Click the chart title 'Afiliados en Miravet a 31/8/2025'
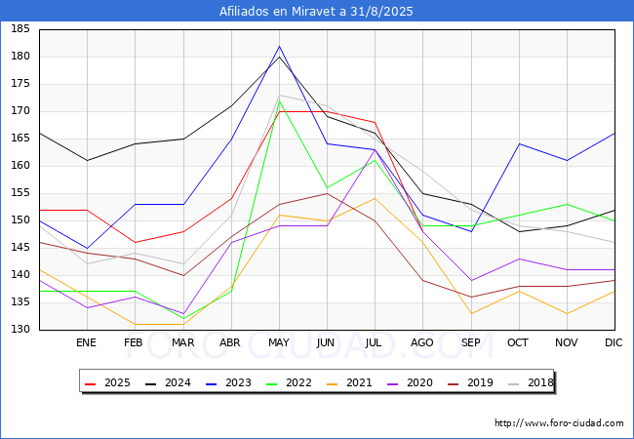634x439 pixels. coord(316,12)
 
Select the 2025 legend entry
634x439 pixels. coord(107,382)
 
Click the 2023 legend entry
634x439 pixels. coord(228,382)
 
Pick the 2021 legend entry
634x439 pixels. coord(349,382)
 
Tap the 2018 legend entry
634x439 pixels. coord(531,382)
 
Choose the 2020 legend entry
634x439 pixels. coord(410,382)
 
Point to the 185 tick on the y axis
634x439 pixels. coord(20,29)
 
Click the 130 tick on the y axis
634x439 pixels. coord(20,329)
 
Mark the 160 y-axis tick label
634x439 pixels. coord(20,165)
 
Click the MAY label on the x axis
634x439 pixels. coord(279,342)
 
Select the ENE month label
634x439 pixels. coord(86,342)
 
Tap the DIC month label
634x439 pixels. coord(614,342)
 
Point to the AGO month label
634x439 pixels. coord(422,342)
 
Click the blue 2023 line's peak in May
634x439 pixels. coord(279,46)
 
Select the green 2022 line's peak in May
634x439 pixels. coord(279,100)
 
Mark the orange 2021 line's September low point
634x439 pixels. coord(471,313)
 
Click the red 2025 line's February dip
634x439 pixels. coord(135,243)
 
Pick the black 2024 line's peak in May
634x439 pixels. coord(279,57)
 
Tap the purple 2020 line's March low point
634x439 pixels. coord(183,313)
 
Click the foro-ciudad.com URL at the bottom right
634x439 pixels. coord(559,422)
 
